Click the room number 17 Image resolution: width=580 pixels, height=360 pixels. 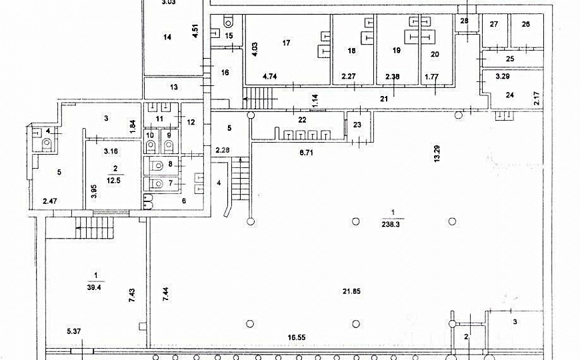pos(287,43)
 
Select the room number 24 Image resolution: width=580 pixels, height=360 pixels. pos(509,95)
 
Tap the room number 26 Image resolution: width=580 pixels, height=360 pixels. pos(525,25)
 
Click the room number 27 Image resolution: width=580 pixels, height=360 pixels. pos(494,25)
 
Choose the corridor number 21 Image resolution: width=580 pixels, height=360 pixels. pos(384,99)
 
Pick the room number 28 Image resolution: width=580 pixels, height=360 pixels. pos(465,21)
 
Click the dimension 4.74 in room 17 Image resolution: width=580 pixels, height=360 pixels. pos(270,77)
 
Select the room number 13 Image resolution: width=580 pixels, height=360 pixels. pos(174,87)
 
